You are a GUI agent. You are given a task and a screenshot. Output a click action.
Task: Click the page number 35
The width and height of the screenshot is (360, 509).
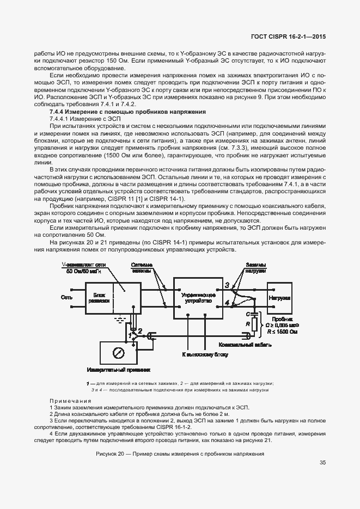[322, 463]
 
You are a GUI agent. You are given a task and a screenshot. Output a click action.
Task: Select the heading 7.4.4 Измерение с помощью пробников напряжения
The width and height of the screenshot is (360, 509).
[127, 112]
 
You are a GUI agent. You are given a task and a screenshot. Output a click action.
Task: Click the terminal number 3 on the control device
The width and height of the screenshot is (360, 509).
[227, 285]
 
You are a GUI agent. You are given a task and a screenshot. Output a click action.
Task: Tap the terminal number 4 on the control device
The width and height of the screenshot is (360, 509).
[227, 302]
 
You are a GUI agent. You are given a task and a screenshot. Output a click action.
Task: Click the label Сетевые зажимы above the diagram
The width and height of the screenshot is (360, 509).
[143, 267]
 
